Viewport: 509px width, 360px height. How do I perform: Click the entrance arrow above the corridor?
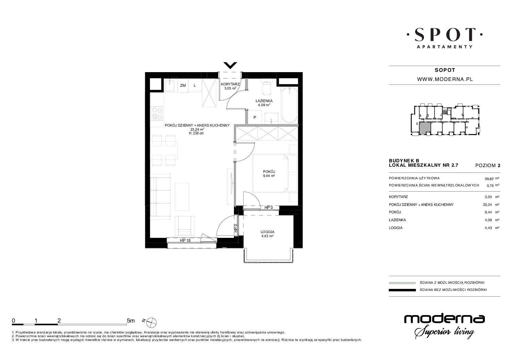230,65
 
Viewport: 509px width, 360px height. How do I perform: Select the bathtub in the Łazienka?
289,105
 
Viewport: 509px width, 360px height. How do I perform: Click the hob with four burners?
157,113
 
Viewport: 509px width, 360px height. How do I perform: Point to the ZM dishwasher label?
183,85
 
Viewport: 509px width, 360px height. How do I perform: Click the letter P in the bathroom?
255,118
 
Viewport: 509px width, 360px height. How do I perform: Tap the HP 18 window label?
185,240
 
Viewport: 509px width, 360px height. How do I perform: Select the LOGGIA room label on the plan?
268,232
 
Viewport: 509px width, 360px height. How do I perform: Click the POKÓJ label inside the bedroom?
269,171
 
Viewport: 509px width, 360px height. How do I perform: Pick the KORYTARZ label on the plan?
230,84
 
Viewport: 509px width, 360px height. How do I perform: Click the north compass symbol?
152,322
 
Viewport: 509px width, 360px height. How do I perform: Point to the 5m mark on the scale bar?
131,321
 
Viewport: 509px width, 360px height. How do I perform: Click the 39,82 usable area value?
489,179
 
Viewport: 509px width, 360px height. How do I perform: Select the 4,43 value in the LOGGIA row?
489,228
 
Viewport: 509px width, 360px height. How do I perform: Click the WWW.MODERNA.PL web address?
445,79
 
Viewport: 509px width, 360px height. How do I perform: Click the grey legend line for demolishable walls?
402,283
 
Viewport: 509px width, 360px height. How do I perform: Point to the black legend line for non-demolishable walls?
402,290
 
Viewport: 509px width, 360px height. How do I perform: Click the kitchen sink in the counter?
170,85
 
